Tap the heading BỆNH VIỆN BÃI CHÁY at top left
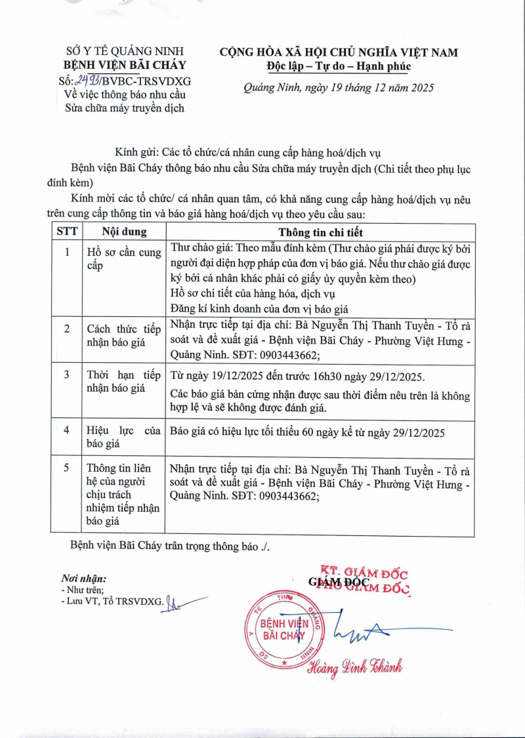[124, 65]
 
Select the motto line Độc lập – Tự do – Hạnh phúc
[339, 66]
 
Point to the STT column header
[67, 232]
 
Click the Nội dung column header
[124, 232]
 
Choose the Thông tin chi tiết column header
[320, 232]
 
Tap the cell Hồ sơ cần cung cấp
[123, 259]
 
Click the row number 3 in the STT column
[67, 375]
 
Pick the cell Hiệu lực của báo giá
[123, 437]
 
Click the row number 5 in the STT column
[67, 468]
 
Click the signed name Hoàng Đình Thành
[355, 666]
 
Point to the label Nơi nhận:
[83, 579]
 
